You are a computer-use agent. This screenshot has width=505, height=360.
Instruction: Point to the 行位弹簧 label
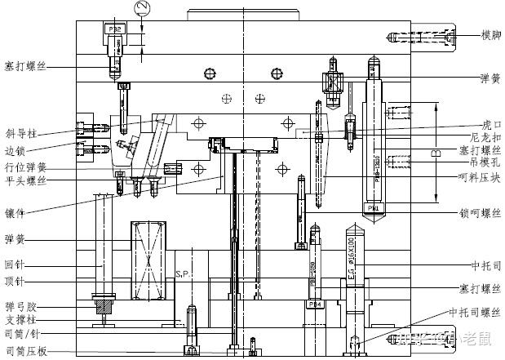[24, 167]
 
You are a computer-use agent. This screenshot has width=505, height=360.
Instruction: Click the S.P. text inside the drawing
[183, 275]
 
